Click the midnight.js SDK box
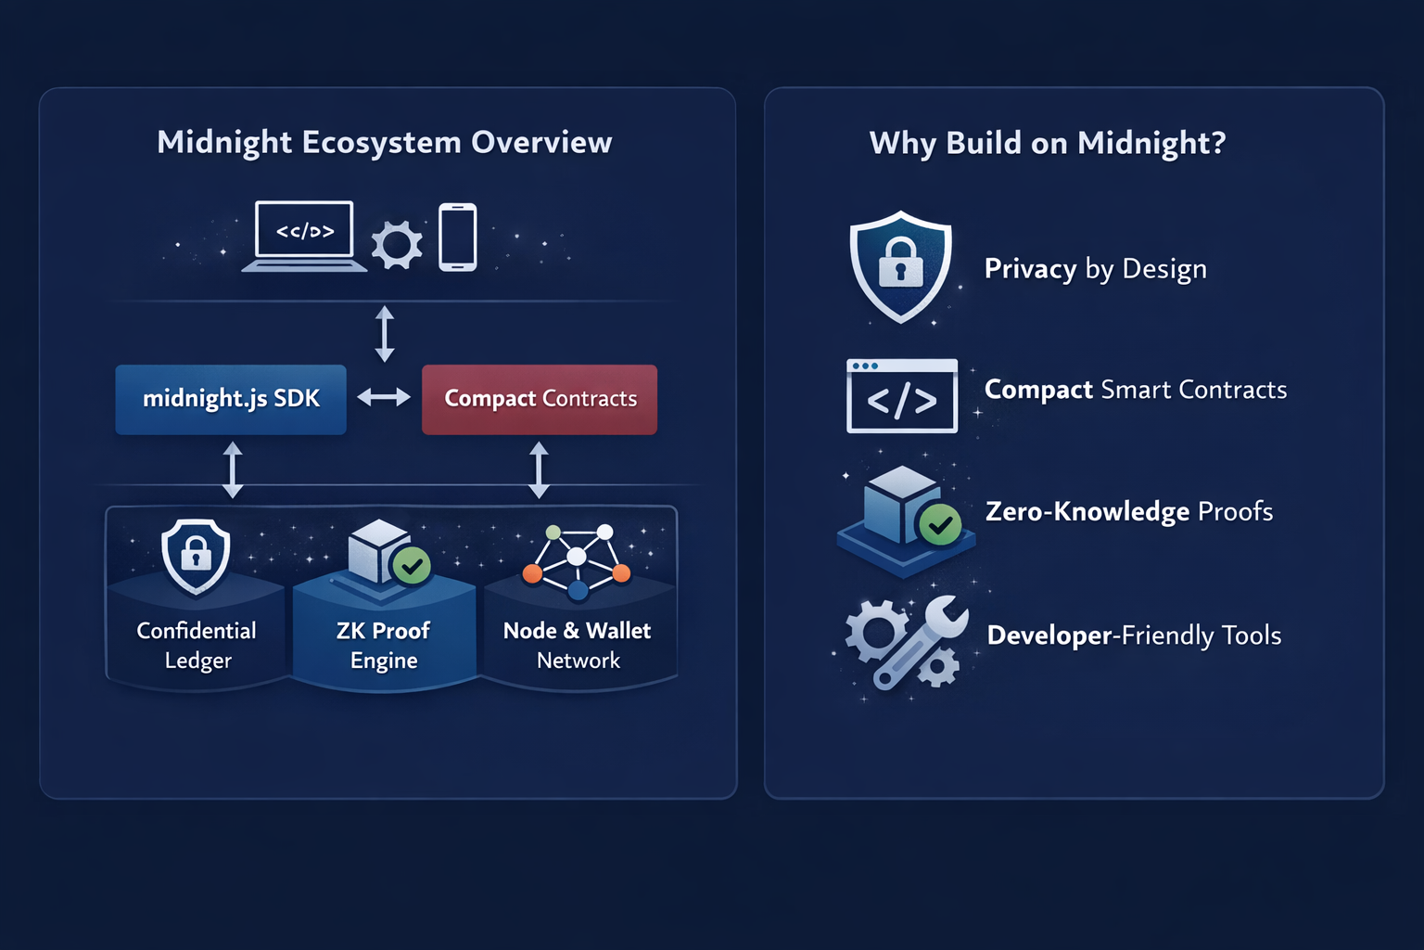coord(231,400)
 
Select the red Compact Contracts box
coord(540,400)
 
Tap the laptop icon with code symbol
coord(304,237)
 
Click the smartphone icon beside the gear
coord(458,237)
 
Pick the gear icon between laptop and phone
coord(397,245)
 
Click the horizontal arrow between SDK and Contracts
coord(384,398)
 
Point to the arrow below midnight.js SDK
coord(233,470)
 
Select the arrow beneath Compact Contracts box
coord(539,470)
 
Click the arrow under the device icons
coord(385,333)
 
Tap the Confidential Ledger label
coord(197,645)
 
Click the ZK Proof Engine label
coord(383,645)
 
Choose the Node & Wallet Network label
coord(578,645)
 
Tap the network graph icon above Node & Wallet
coord(577,562)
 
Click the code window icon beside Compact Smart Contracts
coord(902,396)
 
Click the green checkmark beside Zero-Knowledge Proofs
coord(940,525)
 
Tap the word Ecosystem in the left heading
coord(381,143)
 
